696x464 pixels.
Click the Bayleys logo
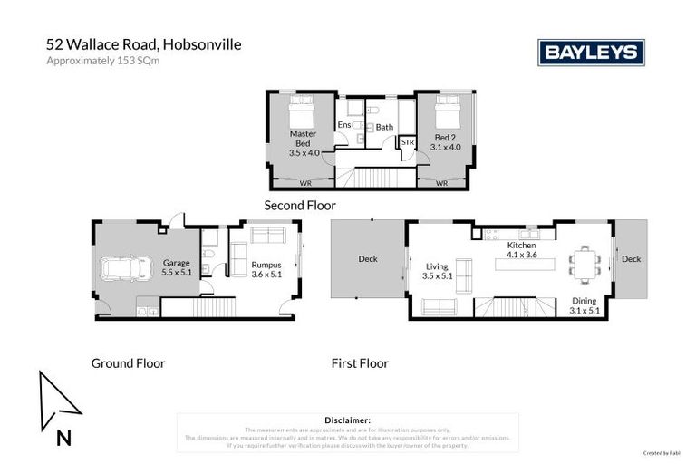point(591,53)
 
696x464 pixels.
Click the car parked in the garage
point(126,268)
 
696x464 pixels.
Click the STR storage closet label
point(407,142)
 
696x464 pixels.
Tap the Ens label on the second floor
point(343,125)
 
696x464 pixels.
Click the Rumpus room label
point(266,270)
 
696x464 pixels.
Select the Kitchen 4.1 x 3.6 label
point(521,250)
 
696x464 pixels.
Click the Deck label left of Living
point(368,259)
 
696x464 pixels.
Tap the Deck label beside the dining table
point(631,259)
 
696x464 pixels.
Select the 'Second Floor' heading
point(300,206)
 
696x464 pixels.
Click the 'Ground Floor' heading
point(128,363)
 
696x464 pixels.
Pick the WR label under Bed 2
point(442,183)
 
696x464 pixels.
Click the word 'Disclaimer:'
point(347,420)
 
